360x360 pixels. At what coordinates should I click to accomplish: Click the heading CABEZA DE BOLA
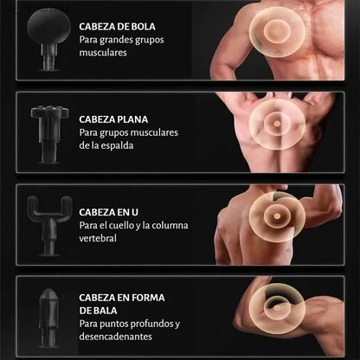tap(117, 27)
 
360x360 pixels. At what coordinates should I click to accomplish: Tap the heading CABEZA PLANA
tap(113, 119)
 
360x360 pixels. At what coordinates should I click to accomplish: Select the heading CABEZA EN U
tap(108, 212)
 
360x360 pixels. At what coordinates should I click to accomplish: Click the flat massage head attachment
tap(49, 134)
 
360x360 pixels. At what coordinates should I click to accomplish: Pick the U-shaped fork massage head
tap(49, 225)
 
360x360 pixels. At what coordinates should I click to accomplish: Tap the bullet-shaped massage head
tap(48, 318)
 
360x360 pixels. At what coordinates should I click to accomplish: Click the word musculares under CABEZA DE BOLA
tap(103, 53)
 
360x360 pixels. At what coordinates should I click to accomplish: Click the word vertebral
tap(98, 238)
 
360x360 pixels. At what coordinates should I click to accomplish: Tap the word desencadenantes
tap(115, 337)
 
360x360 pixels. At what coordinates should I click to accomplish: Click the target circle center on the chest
tap(277, 30)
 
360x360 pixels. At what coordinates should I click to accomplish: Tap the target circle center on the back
tap(277, 124)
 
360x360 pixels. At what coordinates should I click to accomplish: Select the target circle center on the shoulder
tap(277, 216)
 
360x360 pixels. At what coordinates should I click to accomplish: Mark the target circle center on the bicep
tap(277, 308)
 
